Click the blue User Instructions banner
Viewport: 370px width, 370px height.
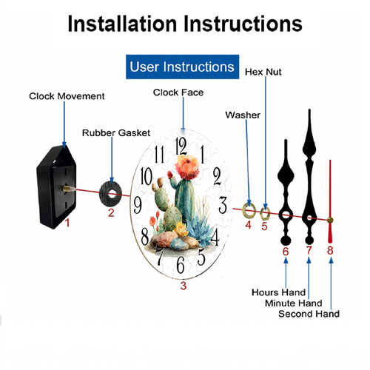(182, 67)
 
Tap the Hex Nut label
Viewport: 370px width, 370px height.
(263, 72)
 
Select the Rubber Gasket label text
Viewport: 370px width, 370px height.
(116, 133)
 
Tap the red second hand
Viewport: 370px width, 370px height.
(330, 201)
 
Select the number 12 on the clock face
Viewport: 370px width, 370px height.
(181, 146)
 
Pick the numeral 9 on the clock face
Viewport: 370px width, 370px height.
(138, 206)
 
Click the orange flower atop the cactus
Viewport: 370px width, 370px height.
(187, 167)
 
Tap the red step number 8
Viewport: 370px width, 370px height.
(330, 250)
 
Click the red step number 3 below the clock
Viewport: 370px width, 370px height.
(184, 286)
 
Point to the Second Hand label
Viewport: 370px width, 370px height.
(309, 314)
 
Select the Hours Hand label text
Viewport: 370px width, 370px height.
(278, 292)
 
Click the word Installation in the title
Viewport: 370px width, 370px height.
(123, 24)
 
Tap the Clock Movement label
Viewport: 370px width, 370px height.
(67, 96)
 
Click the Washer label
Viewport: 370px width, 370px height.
(243, 115)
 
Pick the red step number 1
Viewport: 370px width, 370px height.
(67, 223)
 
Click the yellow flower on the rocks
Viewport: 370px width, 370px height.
(181, 229)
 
